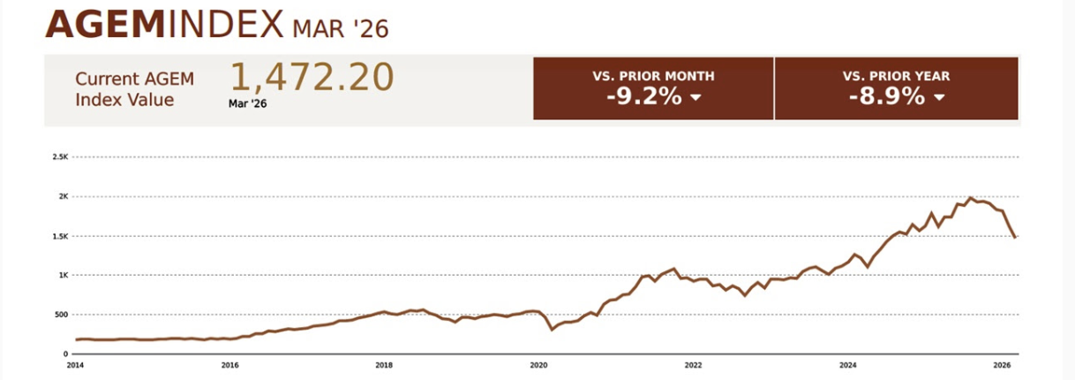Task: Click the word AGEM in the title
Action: pyautogui.click(x=103, y=26)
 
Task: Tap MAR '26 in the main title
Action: pyautogui.click(x=340, y=28)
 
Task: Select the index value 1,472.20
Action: pyautogui.click(x=312, y=78)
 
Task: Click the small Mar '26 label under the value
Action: pyautogui.click(x=247, y=103)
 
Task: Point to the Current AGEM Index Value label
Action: pyautogui.click(x=134, y=88)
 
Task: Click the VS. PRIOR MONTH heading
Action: pyautogui.click(x=653, y=76)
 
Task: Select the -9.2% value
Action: pyautogui.click(x=643, y=96)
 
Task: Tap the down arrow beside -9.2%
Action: pyautogui.click(x=695, y=97)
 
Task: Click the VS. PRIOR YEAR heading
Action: pyautogui.click(x=896, y=76)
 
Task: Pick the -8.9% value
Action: pyautogui.click(x=886, y=96)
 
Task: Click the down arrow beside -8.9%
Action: pyautogui.click(x=938, y=97)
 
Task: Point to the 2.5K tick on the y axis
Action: pyautogui.click(x=60, y=157)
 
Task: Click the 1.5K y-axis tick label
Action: pyautogui.click(x=60, y=236)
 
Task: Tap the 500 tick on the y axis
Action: pyautogui.click(x=61, y=315)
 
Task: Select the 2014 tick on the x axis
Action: pyautogui.click(x=76, y=364)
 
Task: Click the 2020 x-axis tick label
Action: pyautogui.click(x=538, y=364)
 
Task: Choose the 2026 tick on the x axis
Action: pyautogui.click(x=1002, y=364)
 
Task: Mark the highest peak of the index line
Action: pyautogui.click(x=971, y=198)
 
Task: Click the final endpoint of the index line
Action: pyautogui.click(x=1015, y=237)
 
